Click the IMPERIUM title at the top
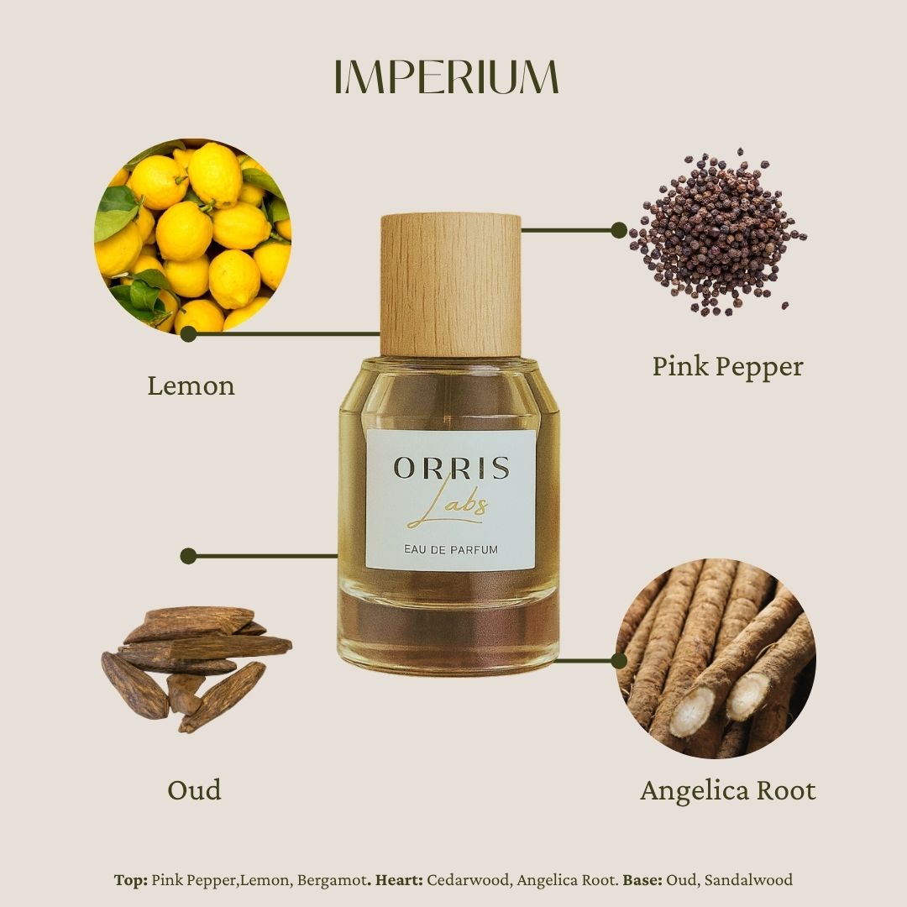coord(446,77)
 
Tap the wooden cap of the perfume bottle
coord(450,285)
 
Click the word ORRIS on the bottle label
coord(451,469)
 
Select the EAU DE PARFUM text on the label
coord(450,549)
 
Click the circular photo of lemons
coord(192,236)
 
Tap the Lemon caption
coord(191,386)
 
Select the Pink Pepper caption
coord(727,366)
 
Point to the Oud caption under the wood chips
coord(194,790)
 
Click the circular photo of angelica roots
coord(716,658)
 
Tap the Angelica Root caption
coord(727,791)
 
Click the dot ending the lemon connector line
coord(188,334)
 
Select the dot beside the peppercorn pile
coord(619,229)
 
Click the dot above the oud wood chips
coord(188,556)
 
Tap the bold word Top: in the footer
coord(131,880)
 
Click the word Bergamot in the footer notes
coord(338,880)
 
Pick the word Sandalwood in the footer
coord(748,880)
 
